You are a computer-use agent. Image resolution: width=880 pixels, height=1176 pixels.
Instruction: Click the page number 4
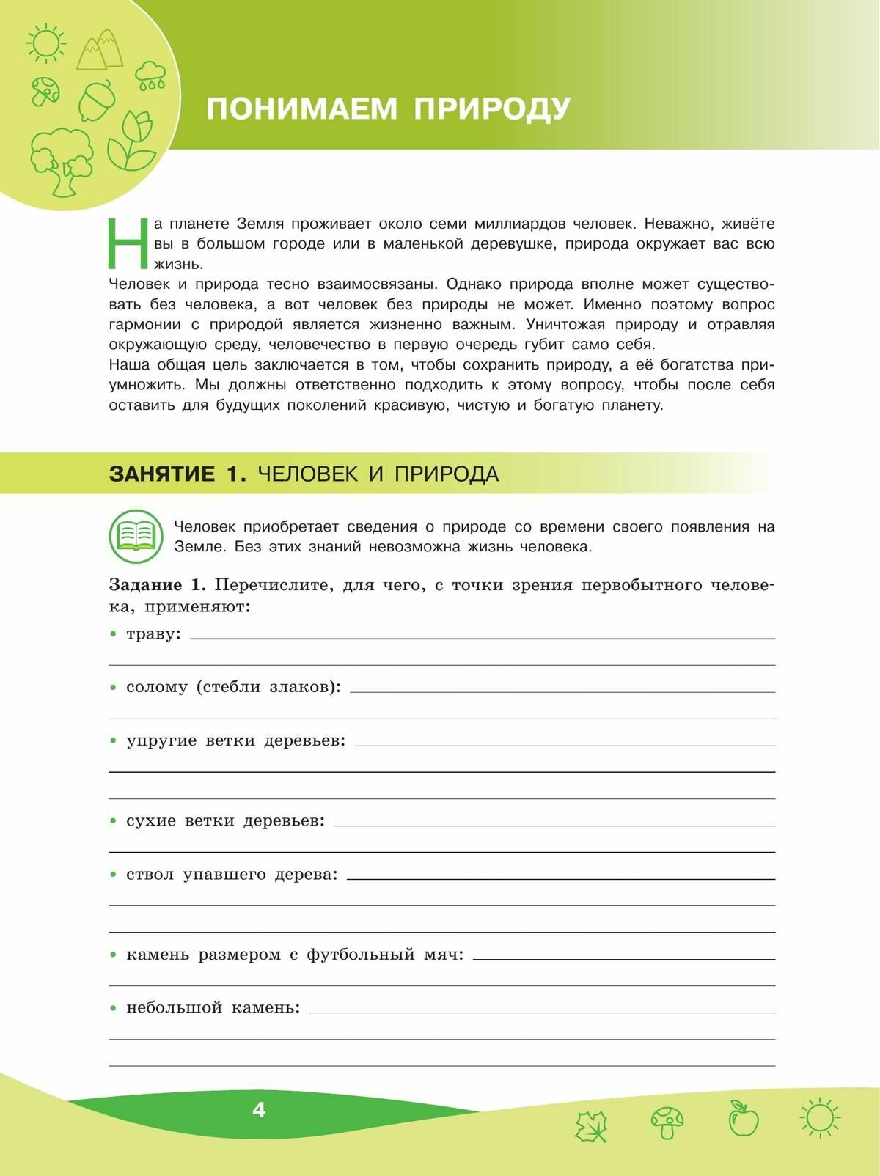(x=258, y=1110)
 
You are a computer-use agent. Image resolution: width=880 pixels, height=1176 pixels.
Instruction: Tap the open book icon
(x=136, y=535)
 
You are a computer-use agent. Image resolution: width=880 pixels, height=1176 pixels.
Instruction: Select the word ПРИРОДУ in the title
(x=492, y=109)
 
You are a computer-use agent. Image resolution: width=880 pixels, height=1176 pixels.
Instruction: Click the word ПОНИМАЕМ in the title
(x=301, y=109)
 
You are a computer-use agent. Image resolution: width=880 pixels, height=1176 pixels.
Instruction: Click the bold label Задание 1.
(x=157, y=585)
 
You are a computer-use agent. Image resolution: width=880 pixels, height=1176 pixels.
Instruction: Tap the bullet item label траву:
(x=153, y=633)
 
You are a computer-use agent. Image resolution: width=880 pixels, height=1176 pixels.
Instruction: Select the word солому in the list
(x=157, y=687)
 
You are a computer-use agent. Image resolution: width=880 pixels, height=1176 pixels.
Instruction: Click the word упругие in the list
(x=161, y=740)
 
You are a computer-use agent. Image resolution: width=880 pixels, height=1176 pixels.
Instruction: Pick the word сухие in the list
(x=151, y=820)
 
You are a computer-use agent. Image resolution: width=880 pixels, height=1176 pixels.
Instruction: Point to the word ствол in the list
(x=150, y=874)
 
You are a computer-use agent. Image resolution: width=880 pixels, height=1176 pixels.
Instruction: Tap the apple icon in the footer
(x=743, y=1120)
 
